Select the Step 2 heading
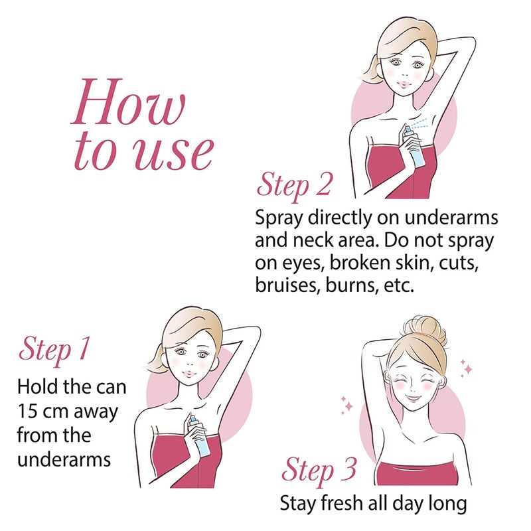[x=293, y=186]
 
